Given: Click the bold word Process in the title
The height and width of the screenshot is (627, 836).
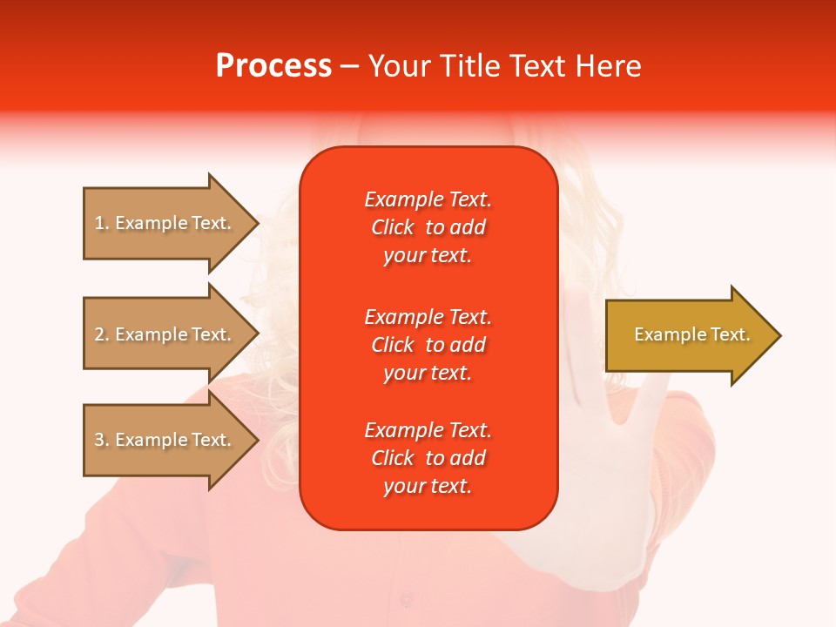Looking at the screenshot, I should (273, 66).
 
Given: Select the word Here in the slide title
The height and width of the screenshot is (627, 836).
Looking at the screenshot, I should (608, 66).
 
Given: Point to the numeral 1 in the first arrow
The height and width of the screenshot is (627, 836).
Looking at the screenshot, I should (99, 223).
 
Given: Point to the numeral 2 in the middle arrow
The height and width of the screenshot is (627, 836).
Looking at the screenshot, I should (99, 334).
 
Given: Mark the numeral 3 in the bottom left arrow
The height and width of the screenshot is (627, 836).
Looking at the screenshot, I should (99, 440).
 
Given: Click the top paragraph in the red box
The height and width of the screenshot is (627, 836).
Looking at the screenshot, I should (428, 227).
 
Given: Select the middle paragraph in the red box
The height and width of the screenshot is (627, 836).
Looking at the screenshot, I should (428, 345).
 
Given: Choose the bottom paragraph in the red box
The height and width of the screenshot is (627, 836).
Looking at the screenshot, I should (428, 458).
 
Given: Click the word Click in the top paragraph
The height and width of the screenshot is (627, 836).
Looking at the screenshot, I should (393, 227).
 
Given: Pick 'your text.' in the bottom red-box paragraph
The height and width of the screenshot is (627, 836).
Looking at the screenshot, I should (428, 486).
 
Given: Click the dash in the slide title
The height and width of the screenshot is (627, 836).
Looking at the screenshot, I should (349, 66).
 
